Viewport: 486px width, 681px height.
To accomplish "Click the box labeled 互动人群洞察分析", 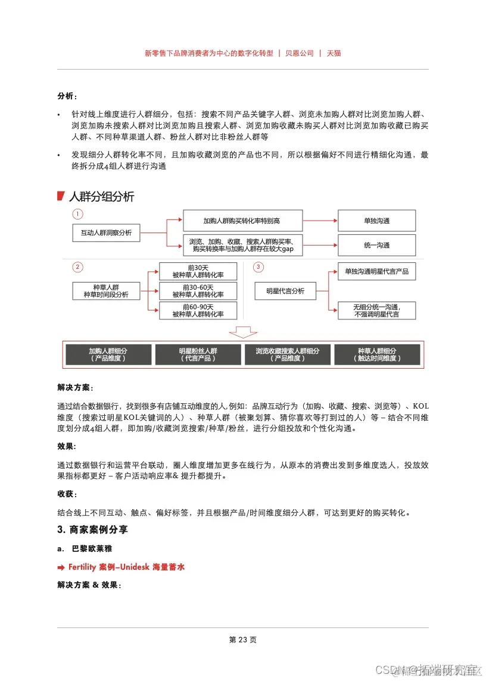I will [x=106, y=233].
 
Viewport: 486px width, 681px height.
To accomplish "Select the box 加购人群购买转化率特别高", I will [x=242, y=221].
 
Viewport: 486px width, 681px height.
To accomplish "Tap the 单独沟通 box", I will [x=376, y=221].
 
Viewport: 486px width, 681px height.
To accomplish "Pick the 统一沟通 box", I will [x=376, y=245].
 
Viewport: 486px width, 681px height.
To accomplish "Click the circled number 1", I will [x=78, y=214].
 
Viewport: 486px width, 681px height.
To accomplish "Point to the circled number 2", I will [x=78, y=267].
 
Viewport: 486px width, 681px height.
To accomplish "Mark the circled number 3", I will [x=258, y=267].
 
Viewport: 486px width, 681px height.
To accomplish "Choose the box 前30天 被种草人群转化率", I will [x=198, y=272].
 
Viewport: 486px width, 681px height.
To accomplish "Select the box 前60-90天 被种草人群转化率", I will [x=198, y=310].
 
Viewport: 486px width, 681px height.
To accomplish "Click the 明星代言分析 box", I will [x=285, y=291].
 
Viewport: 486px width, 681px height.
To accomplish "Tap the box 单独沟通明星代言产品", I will [x=376, y=272].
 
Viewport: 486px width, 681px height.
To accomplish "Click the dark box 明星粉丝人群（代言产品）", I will [x=198, y=354].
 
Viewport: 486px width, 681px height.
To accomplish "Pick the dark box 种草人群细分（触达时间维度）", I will [x=377, y=354].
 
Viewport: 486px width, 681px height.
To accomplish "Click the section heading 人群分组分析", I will [x=101, y=197].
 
